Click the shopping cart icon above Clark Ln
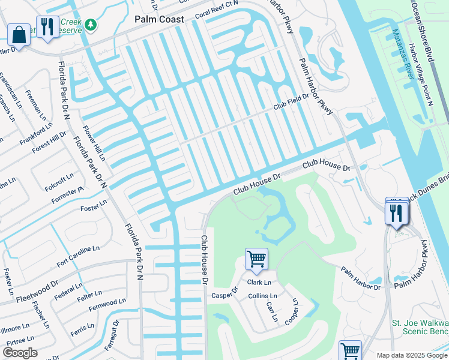tap(256, 260)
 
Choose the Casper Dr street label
tap(225, 295)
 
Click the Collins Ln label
tap(262, 296)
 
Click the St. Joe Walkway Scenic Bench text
tap(420, 327)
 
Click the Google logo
tap(19, 353)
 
